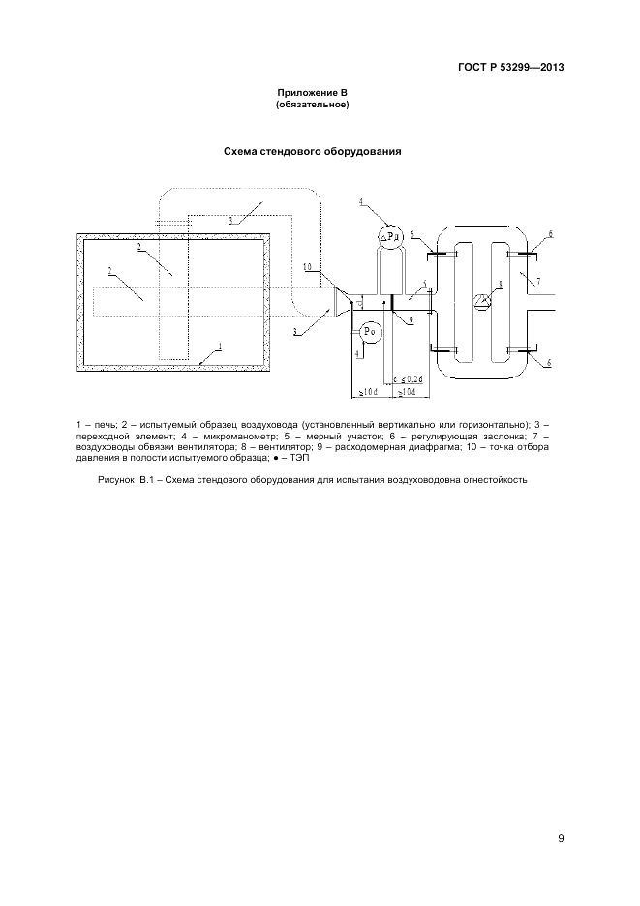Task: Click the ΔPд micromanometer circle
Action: tap(391, 236)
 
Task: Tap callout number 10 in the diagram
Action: tap(308, 266)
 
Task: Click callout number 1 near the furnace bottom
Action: tap(220, 347)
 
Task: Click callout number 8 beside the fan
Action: tap(501, 284)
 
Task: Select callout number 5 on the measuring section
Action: tap(424, 284)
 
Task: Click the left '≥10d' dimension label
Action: tap(368, 393)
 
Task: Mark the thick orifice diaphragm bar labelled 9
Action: tap(392, 303)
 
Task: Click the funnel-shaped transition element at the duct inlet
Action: tap(342, 303)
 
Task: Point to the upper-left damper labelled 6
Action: tap(442, 254)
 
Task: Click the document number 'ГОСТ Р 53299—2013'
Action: tap(510, 67)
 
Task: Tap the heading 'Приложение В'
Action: tap(312, 93)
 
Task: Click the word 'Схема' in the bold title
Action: tap(241, 151)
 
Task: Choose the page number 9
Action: tap(561, 838)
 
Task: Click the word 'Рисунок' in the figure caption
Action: tap(116, 479)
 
